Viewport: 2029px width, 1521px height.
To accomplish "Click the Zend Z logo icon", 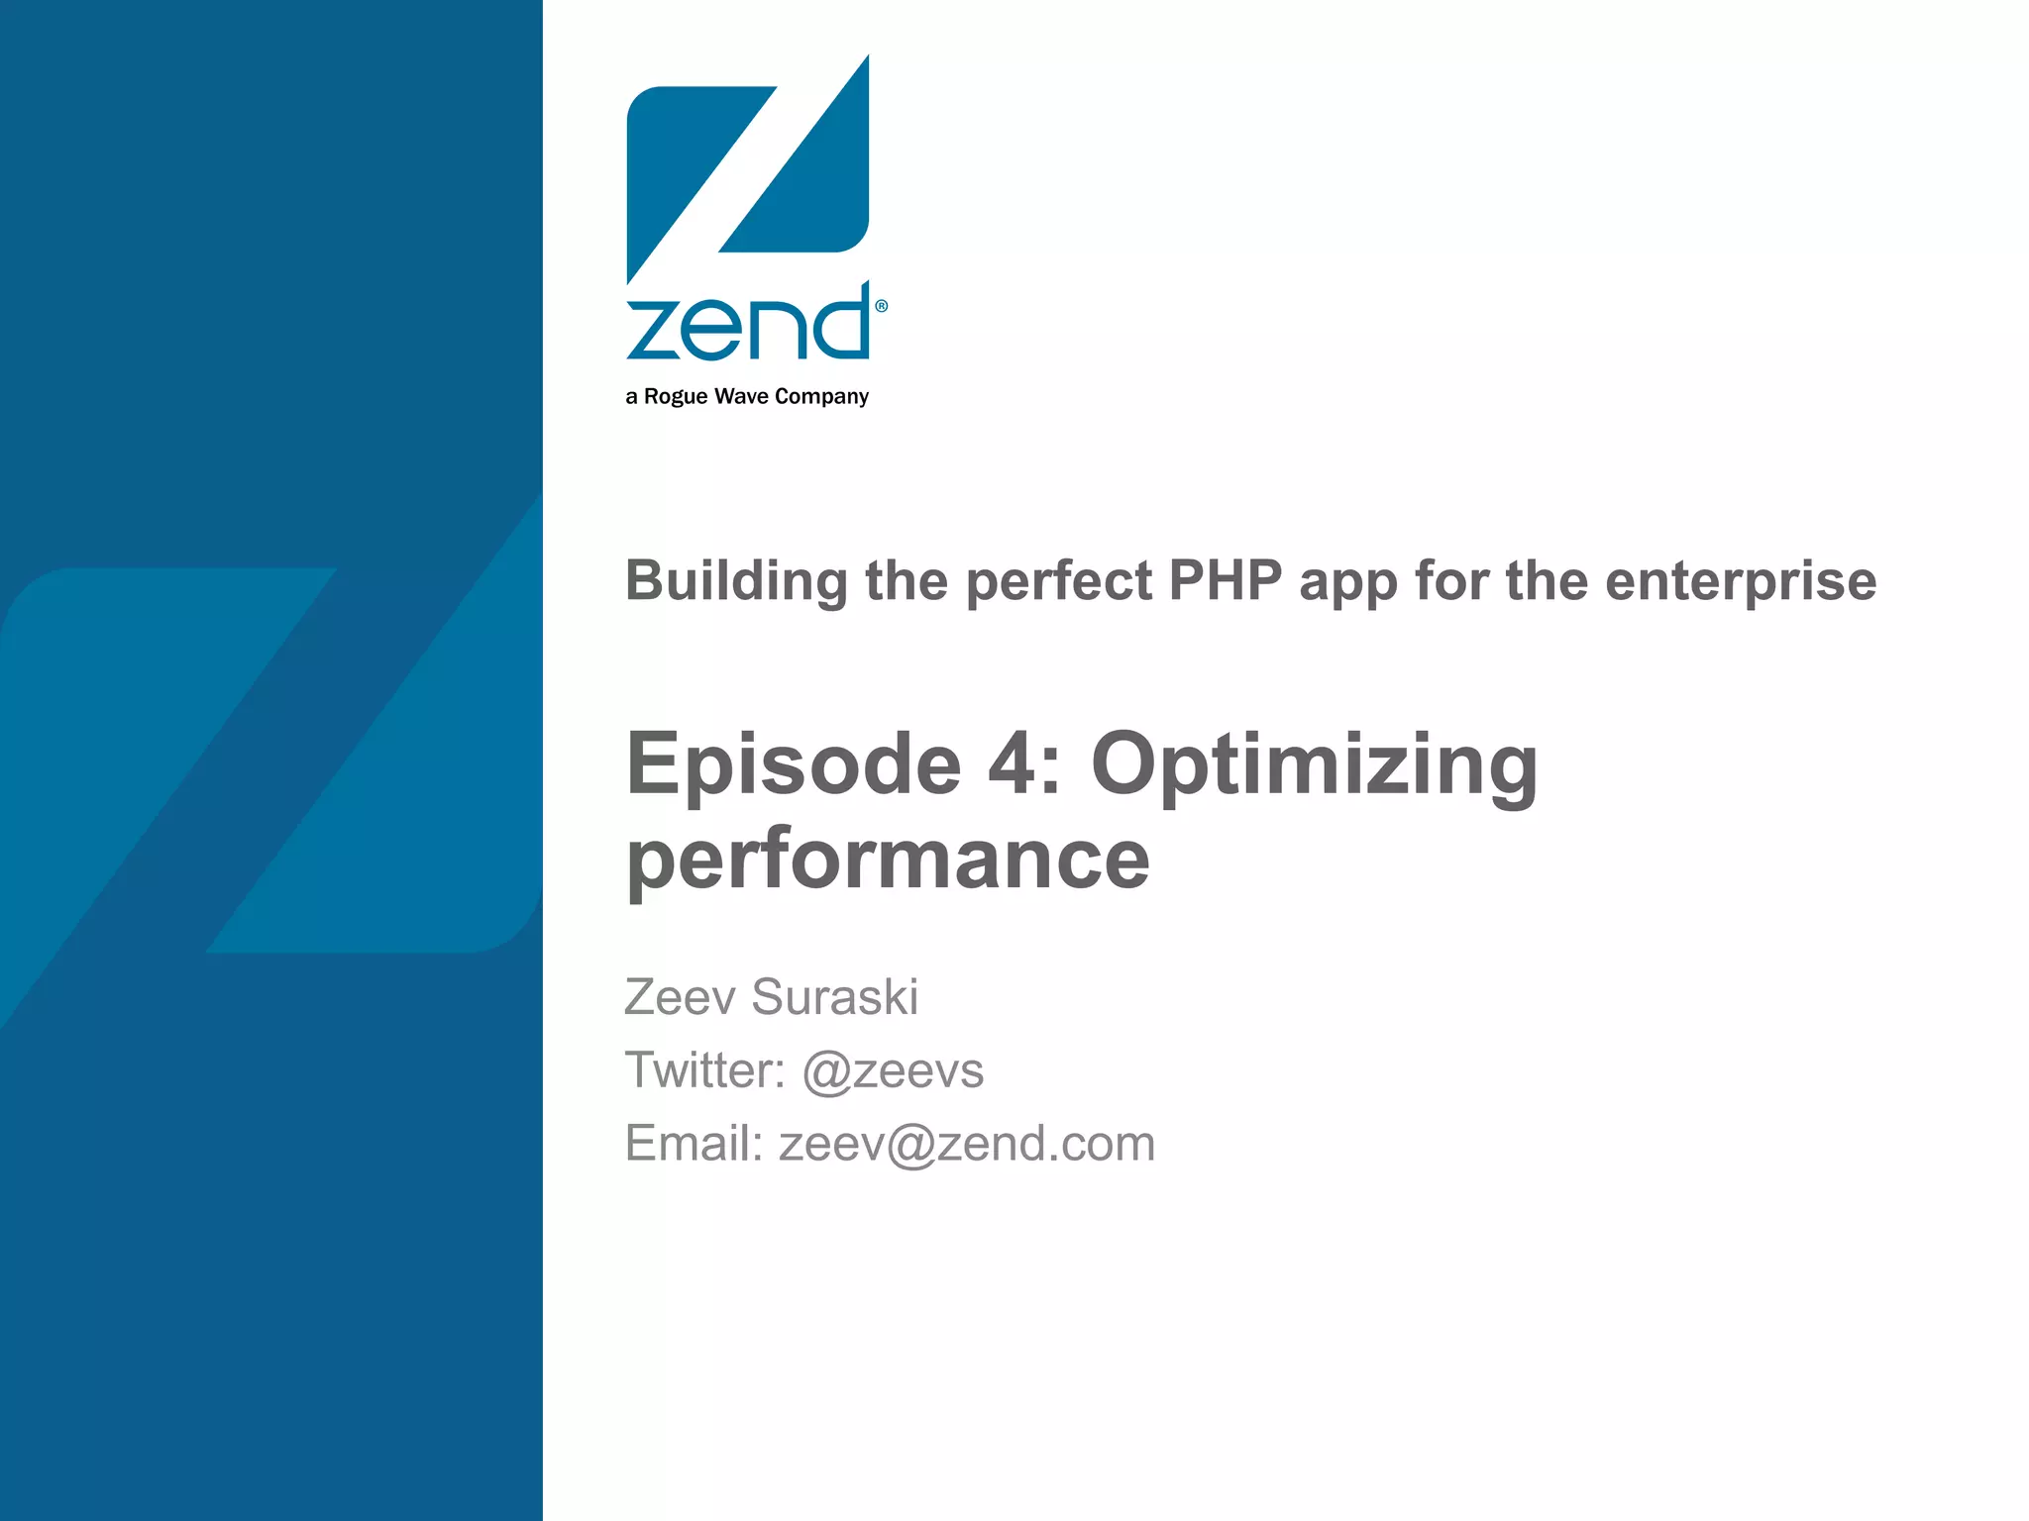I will tap(748, 168).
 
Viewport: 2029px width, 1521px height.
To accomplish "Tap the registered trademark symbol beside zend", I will tap(881, 306).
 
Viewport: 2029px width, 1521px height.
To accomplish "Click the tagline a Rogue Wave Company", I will tap(747, 396).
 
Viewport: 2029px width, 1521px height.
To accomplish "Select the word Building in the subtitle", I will tap(736, 581).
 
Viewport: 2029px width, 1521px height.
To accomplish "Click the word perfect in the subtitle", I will tap(1058, 581).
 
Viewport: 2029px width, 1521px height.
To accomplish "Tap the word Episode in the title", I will tap(794, 764).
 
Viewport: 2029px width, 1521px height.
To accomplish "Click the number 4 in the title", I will tap(1010, 764).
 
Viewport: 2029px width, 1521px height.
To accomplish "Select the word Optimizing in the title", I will tap(1314, 764).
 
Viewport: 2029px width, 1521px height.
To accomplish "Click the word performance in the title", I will tap(888, 859).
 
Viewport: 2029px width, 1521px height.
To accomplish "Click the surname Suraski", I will tap(834, 996).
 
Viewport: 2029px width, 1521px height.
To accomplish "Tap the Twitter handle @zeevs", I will tap(893, 1070).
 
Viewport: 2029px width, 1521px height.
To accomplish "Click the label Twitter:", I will tap(704, 1070).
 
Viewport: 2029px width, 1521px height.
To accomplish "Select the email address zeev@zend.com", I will tap(967, 1144).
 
